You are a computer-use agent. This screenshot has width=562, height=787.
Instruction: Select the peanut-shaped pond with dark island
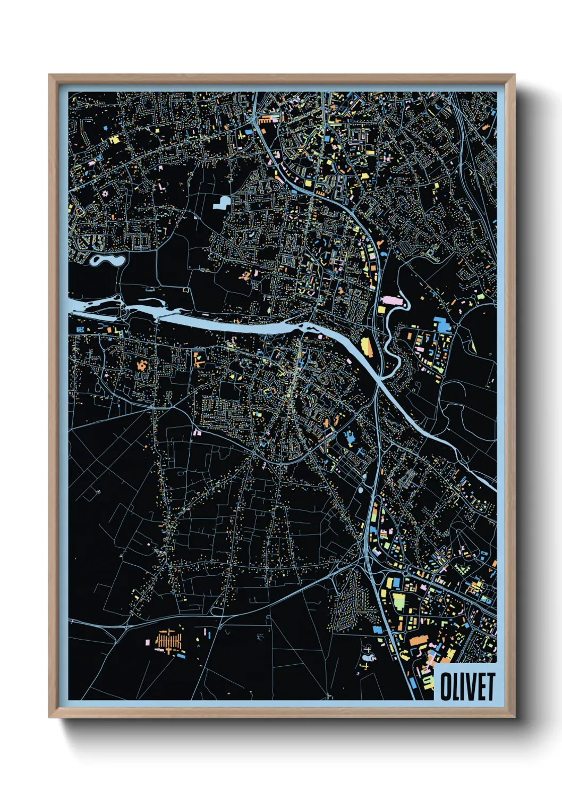107,261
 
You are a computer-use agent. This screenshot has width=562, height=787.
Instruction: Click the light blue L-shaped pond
222,202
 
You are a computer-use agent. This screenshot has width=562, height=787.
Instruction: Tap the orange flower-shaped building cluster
142,365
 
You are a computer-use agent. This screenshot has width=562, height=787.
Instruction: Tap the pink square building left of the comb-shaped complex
148,642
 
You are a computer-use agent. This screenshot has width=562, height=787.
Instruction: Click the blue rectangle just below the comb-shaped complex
181,656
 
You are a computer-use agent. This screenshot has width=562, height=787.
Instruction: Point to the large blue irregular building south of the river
349,438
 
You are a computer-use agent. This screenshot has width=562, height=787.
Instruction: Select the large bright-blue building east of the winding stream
441,324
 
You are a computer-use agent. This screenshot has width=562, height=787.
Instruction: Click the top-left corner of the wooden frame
49,75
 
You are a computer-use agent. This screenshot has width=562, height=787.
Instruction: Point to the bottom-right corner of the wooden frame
514,717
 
